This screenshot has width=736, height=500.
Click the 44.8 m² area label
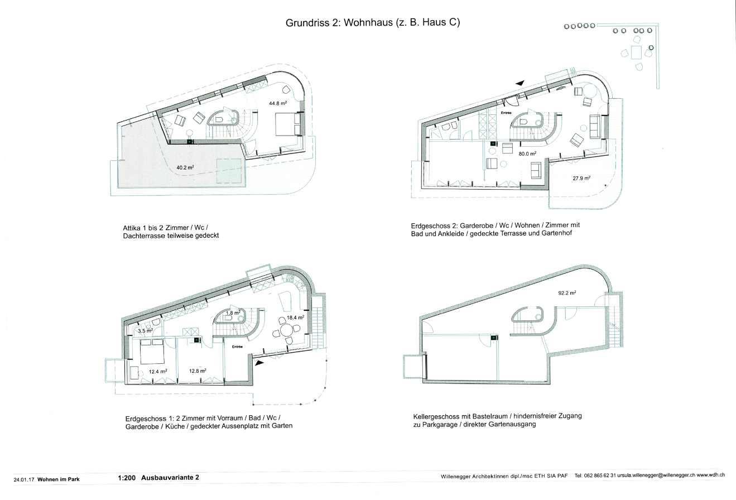(278, 103)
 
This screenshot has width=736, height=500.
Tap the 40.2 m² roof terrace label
(185, 167)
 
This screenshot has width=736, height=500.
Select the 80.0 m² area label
(527, 154)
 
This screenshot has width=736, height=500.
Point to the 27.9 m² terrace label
(581, 179)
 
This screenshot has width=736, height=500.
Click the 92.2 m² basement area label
(567, 293)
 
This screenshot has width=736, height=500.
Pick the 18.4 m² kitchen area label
(295, 318)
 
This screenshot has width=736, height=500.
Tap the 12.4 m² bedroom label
(158, 372)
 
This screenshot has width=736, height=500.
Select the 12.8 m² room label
(198, 371)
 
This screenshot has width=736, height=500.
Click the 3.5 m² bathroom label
(145, 331)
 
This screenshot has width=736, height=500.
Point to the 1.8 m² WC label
(233, 313)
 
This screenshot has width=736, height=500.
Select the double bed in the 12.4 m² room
(152, 352)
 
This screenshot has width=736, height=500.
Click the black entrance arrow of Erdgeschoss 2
(520, 84)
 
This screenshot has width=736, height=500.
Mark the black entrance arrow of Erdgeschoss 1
(259, 363)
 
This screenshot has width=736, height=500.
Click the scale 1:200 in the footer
(127, 478)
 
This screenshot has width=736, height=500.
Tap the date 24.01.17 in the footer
(24, 479)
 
